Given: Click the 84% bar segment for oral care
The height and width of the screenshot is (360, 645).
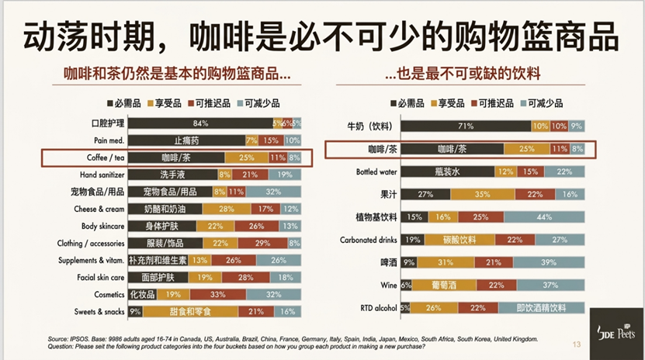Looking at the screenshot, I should click(199, 123).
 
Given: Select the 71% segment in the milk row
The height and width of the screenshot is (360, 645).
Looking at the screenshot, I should click(466, 126).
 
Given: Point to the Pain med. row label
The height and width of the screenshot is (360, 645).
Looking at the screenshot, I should click(106, 140).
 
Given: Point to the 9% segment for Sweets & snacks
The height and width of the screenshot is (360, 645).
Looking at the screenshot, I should click(135, 311).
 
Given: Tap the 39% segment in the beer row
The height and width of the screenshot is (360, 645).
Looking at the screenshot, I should click(547, 262).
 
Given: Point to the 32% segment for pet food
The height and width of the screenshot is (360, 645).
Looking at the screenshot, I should click(273, 192).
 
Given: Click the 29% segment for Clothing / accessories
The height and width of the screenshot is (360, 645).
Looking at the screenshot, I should click(262, 243).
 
